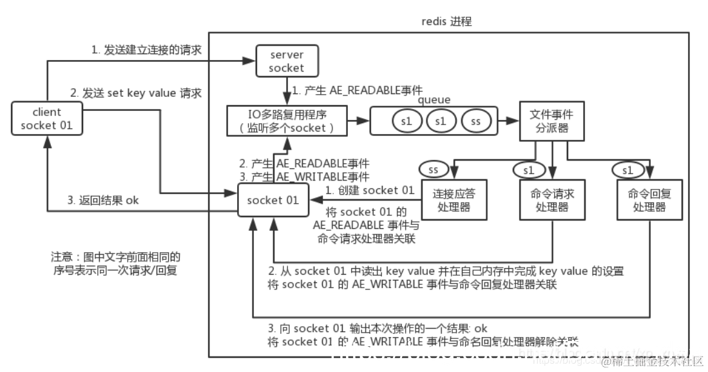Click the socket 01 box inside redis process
tap(274, 200)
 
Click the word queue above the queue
tap(434, 100)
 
